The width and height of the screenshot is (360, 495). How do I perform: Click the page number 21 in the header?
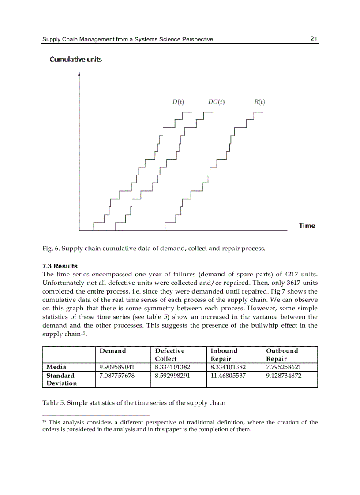tap(314, 39)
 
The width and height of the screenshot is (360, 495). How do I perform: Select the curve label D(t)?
tap(178, 102)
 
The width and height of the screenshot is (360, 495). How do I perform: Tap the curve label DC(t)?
tap(216, 102)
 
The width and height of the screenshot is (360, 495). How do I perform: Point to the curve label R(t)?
tap(259, 102)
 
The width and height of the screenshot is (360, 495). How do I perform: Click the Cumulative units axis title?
tap(75, 59)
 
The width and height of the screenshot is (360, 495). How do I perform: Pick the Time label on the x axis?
tap(307, 226)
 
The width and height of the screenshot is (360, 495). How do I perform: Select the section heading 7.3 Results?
tap(60, 266)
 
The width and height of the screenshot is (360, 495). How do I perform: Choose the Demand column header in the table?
tap(112, 351)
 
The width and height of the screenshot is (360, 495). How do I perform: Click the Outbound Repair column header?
tap(282, 354)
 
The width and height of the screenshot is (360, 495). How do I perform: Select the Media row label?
tap(56, 367)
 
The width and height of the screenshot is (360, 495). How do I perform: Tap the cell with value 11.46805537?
tap(228, 376)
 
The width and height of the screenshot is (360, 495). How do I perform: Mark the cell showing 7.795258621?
tap(284, 367)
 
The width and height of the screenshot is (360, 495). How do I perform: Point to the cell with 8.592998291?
tap(172, 376)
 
